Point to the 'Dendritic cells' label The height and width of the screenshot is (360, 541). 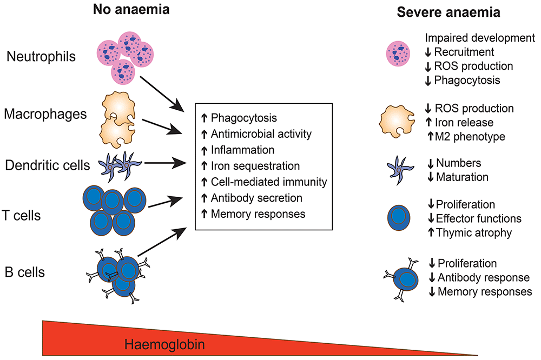point(47,165)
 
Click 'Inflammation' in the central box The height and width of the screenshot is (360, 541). point(243,150)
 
